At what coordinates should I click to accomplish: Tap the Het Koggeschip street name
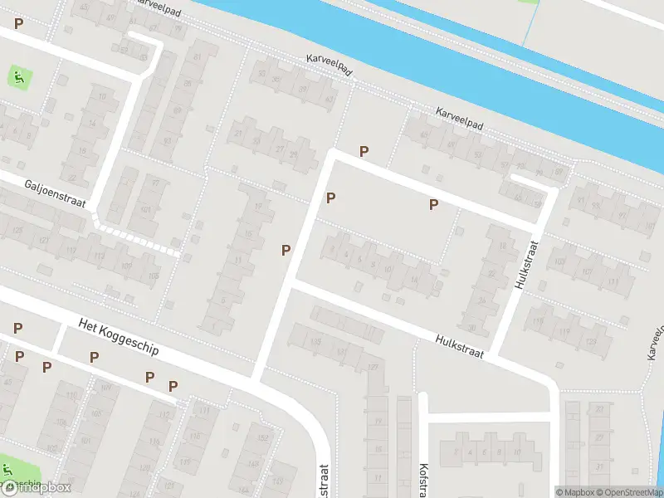click(x=118, y=339)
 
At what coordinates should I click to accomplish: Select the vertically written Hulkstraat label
click(x=526, y=265)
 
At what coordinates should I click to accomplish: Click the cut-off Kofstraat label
click(x=422, y=480)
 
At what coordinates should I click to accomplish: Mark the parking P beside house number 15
click(x=286, y=250)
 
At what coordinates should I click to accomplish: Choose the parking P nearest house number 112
click(x=173, y=386)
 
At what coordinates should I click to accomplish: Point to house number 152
click(x=264, y=438)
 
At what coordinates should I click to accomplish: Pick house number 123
click(x=591, y=342)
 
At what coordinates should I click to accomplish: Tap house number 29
click(x=305, y=156)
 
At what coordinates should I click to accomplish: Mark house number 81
click(x=198, y=56)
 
